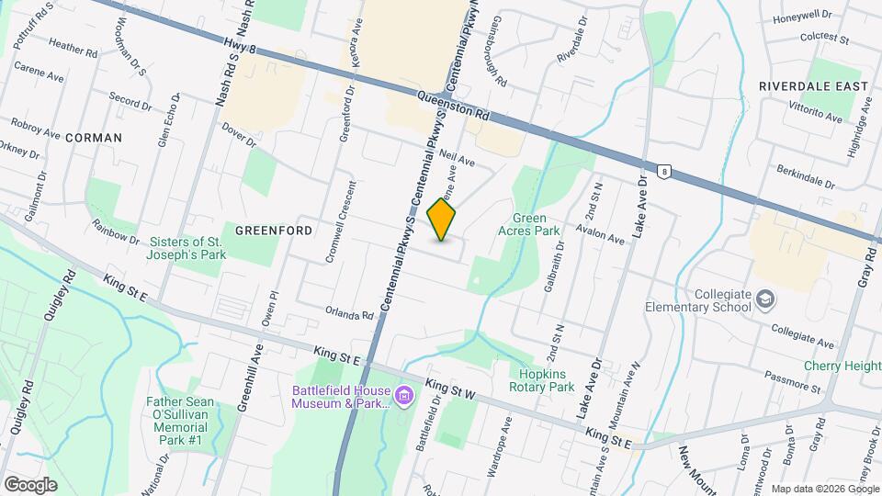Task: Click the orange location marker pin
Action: tap(442, 220)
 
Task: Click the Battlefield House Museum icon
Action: tap(405, 397)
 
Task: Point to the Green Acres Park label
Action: tap(536, 225)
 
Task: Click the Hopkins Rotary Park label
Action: tap(541, 379)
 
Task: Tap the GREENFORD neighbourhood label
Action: tap(273, 230)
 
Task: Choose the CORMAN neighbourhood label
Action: tap(94, 137)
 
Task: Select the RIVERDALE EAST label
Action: tap(813, 85)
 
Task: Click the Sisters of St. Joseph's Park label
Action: tap(187, 249)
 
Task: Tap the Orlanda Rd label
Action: tap(349, 314)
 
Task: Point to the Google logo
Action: tap(30, 484)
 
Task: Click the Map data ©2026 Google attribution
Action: tap(824, 488)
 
